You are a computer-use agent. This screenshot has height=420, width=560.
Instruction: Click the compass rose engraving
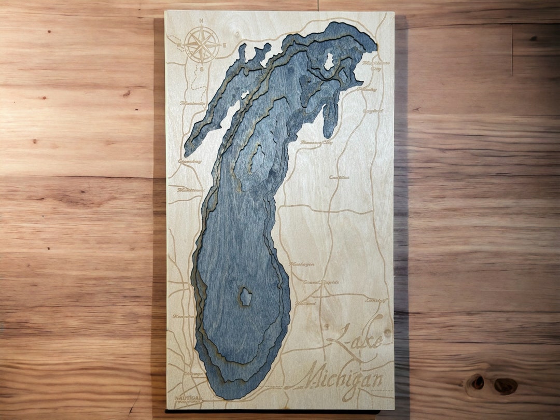pyautogui.click(x=201, y=45)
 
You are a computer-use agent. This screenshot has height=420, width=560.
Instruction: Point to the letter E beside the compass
pyautogui.click(x=225, y=45)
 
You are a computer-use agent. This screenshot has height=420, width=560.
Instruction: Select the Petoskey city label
pyautogui.click(x=367, y=89)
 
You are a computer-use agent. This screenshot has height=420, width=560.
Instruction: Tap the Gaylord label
pyautogui.click(x=372, y=110)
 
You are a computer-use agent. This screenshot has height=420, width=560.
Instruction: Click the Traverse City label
pyautogui.click(x=316, y=142)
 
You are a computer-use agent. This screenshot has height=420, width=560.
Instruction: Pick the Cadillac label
pyautogui.click(x=339, y=177)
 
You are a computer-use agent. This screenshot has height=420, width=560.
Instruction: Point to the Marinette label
pyautogui.click(x=192, y=103)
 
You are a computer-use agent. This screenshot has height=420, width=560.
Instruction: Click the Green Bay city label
pyautogui.click(x=189, y=162)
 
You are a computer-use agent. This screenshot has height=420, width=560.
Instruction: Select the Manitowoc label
pyautogui.click(x=188, y=190)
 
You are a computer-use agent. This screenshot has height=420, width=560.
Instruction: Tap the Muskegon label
pyautogui.click(x=302, y=264)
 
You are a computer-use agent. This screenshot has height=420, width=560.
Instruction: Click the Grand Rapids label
pyautogui.click(x=321, y=283)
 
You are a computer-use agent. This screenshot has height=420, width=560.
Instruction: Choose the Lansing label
pyautogui.click(x=376, y=300)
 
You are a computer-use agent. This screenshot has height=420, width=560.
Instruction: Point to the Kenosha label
pyautogui.click(x=183, y=316)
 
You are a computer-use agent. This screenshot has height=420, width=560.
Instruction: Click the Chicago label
pyautogui.click(x=192, y=374)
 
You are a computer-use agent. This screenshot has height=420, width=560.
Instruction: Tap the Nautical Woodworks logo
pyautogui.click(x=189, y=399)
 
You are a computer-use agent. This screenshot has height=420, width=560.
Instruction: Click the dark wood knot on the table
pyautogui.click(x=505, y=385)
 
